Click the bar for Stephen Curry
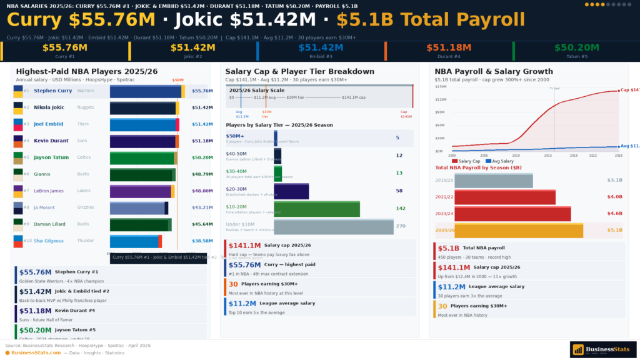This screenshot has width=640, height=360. pyautogui.click(x=147, y=91)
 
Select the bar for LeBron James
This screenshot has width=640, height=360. pyautogui.click(x=142, y=191)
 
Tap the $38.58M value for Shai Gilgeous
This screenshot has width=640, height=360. pyautogui.click(x=202, y=241)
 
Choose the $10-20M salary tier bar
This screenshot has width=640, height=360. pyautogui.click(x=316, y=209)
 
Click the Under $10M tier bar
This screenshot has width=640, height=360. pyautogui.click(x=333, y=226)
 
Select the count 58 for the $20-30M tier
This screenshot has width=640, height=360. pyautogui.click(x=399, y=191)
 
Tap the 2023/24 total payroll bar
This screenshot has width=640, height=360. pyautogui.click(x=512, y=214)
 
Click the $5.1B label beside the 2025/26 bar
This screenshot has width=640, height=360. pyautogui.click(x=614, y=231)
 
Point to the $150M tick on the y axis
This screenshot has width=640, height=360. pyautogui.click(x=440, y=86)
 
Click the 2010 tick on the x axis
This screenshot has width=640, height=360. pyautogui.click(x=516, y=155)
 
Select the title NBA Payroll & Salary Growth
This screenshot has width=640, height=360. pyautogui.click(x=494, y=72)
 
